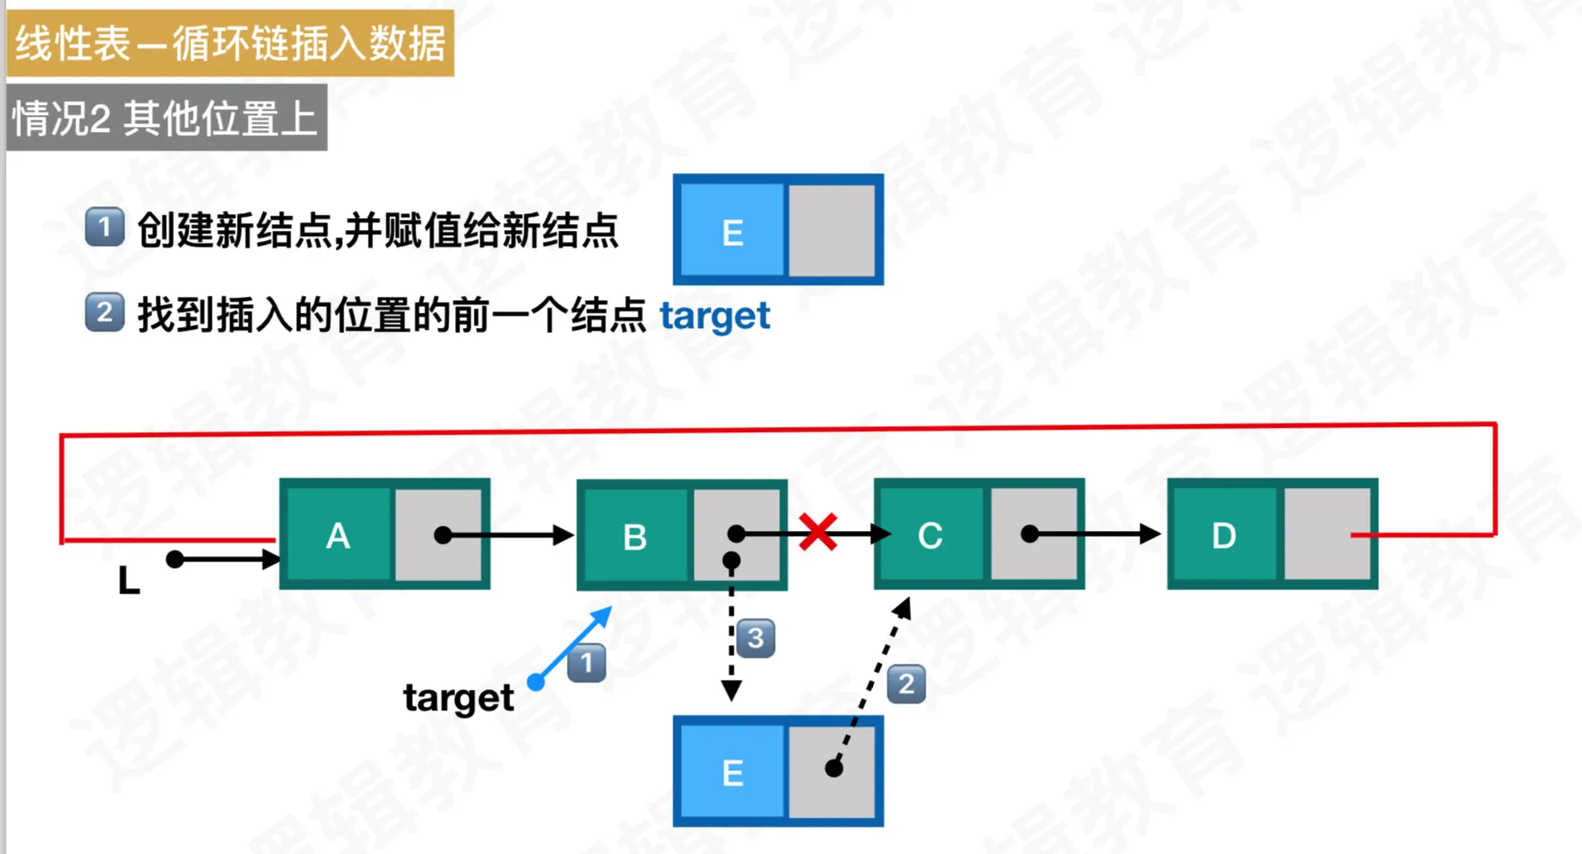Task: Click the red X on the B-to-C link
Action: coord(817,533)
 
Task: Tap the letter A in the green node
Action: coord(338,535)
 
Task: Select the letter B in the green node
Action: coord(634,537)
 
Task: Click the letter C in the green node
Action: coord(930,535)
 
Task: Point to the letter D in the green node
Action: coord(1223,535)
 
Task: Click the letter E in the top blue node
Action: coord(733,233)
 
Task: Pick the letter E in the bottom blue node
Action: coord(733,773)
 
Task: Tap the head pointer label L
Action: coord(129,582)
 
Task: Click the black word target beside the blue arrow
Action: coord(458,698)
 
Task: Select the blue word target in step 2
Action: coord(715,316)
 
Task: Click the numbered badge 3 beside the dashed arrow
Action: coord(755,638)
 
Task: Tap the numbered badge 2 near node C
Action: coord(906,684)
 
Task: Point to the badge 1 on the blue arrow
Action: coord(586,663)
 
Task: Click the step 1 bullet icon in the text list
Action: coord(105,228)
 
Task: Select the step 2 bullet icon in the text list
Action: coord(105,313)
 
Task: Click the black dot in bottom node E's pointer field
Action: coord(834,768)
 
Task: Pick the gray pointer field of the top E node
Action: coord(832,231)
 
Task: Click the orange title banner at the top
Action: coord(230,43)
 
